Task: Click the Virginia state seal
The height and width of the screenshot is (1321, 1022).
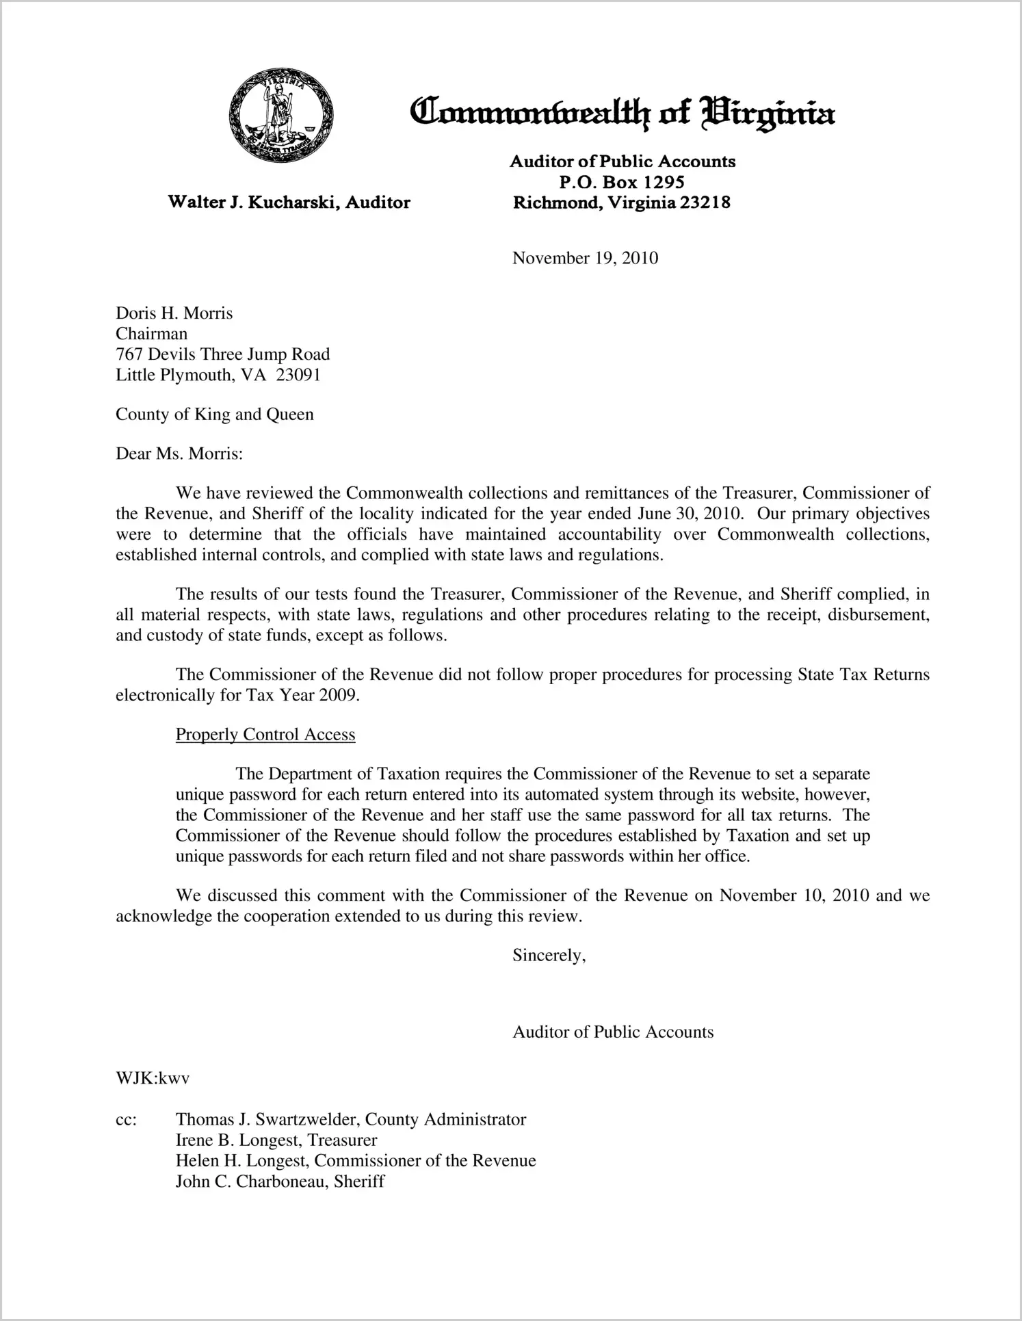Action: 281,116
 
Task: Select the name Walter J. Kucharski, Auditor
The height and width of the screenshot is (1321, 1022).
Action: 289,202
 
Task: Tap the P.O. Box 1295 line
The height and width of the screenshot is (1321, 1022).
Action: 622,182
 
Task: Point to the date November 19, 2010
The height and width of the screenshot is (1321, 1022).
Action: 585,258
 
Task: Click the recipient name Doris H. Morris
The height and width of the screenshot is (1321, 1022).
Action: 174,313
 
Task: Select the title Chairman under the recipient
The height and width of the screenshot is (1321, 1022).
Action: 151,334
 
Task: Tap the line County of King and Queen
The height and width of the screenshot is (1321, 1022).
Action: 214,415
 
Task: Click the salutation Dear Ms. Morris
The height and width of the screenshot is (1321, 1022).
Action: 179,454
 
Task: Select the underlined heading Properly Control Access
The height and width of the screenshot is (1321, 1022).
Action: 265,735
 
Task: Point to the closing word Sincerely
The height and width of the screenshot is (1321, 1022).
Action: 549,956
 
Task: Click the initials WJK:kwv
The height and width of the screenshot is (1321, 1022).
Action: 152,1079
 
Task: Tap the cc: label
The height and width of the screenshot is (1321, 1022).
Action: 126,1120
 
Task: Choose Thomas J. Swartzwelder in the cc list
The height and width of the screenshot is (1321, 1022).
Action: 267,1120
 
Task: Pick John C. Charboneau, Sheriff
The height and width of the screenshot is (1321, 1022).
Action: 280,1181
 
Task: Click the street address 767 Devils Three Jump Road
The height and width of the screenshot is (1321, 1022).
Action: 222,354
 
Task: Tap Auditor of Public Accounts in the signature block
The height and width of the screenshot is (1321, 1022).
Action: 613,1032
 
